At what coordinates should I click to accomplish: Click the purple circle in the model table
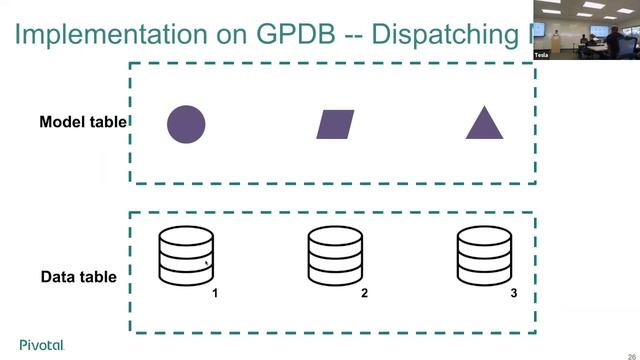[x=186, y=123]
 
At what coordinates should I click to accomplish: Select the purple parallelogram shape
[x=335, y=124]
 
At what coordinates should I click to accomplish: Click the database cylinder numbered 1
[x=187, y=256]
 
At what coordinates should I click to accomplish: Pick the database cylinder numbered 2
[x=335, y=256]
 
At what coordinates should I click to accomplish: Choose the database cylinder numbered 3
[x=485, y=256]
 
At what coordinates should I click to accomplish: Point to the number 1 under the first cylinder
[x=215, y=294]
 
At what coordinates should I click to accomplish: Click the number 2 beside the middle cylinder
[x=365, y=294]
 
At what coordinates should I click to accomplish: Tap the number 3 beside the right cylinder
[x=514, y=294]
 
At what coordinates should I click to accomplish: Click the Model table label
[x=83, y=122]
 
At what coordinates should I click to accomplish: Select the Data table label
[x=79, y=277]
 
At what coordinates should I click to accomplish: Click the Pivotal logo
[x=41, y=345]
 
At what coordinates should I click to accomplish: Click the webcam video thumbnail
[x=586, y=30]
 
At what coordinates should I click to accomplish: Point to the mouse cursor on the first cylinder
[x=207, y=264]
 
